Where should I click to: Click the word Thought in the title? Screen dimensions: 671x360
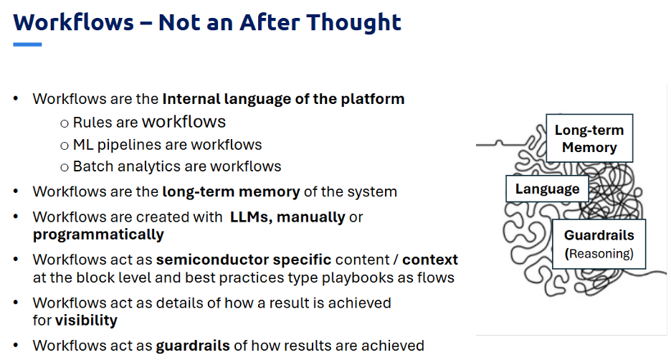click(354, 22)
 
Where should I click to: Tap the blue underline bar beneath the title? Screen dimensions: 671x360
click(27, 44)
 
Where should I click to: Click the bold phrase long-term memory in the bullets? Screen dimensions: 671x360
click(231, 191)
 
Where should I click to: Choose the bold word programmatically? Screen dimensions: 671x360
click(98, 235)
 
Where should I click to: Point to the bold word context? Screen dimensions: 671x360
click(430, 260)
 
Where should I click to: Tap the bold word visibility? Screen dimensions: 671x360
click(86, 320)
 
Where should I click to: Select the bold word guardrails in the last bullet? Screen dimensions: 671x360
click(193, 346)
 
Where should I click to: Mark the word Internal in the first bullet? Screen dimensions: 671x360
click(191, 99)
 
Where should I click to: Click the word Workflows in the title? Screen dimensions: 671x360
click(74, 22)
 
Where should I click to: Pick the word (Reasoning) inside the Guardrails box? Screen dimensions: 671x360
click(599, 254)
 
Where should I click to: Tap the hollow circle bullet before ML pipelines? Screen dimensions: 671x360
click(65, 146)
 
